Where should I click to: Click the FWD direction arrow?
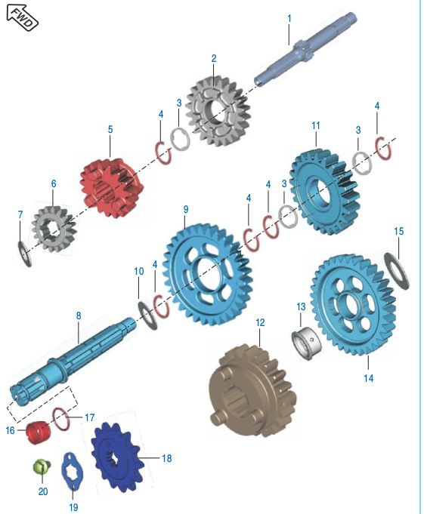point(23,17)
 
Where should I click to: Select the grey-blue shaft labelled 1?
point(305,49)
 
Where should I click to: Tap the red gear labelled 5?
point(112,187)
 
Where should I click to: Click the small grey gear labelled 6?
point(54,228)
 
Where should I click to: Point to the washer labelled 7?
point(25,254)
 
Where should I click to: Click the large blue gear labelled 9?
point(207,275)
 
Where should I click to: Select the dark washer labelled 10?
point(147,315)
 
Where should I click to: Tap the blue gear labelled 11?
point(325,192)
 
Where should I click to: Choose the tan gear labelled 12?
point(252,391)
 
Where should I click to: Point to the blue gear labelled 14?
point(353,304)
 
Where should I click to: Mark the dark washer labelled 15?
point(397,271)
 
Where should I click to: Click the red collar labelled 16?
point(39,432)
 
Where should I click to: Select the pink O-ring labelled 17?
point(61,419)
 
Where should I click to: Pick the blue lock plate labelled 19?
point(73,472)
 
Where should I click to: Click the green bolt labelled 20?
point(42,466)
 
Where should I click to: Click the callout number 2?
point(214,58)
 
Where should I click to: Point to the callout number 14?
point(368,378)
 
